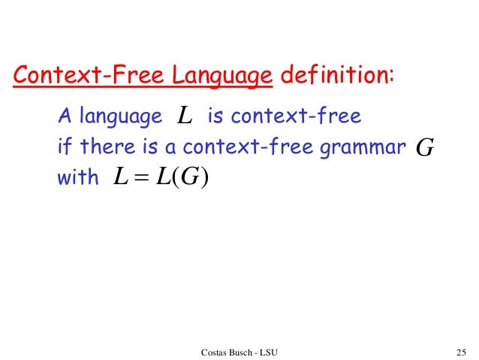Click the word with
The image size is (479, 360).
tap(78, 179)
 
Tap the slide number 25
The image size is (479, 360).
tap(461, 351)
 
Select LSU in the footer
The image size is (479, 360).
tap(276, 351)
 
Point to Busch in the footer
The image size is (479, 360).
tap(246, 351)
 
